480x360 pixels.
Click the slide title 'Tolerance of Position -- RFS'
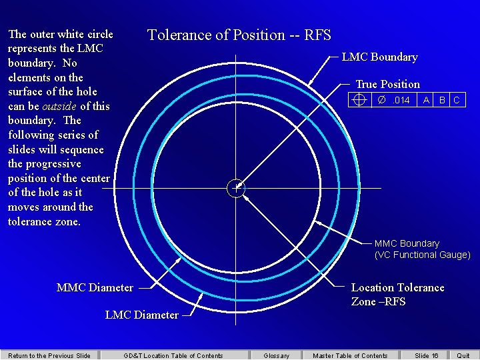point(239,35)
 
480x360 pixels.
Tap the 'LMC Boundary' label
point(379,57)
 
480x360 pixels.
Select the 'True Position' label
point(387,84)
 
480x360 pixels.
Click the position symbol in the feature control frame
point(359,100)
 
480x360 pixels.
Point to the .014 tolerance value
point(394,100)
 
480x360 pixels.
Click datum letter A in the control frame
point(426,100)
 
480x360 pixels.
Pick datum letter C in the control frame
point(457,100)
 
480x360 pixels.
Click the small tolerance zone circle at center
point(235,188)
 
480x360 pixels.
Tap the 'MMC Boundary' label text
point(407,243)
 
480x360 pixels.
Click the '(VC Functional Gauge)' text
point(422,255)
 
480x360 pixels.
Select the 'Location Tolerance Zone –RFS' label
point(397,294)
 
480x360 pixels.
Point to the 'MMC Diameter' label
point(95,287)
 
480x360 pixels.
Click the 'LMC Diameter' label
point(142,315)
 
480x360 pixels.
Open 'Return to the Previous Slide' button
point(49,355)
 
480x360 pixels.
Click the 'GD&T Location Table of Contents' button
point(173,355)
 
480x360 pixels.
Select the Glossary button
point(277,355)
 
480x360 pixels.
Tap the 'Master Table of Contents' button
point(350,355)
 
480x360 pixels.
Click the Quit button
point(463,355)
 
